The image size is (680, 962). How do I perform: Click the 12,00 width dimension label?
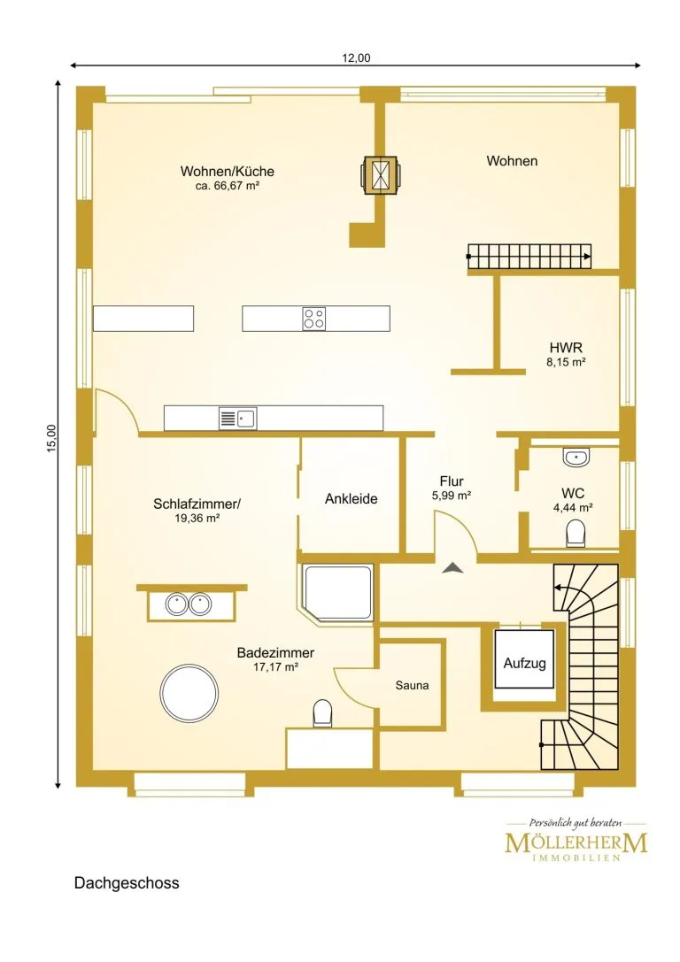point(356,58)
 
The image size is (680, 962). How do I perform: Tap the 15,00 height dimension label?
point(51,439)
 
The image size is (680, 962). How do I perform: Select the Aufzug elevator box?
point(525,659)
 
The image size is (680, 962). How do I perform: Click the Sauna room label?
point(412,685)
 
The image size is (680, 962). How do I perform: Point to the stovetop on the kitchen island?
point(314,319)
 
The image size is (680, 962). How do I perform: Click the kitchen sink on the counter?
point(238,419)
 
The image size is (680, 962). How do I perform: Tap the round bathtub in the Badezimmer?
point(189,693)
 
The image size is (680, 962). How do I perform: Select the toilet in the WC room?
point(576,533)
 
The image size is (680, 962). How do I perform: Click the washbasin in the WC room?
point(576,457)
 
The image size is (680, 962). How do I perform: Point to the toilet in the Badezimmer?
point(322,714)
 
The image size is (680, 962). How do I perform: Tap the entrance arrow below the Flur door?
point(453,568)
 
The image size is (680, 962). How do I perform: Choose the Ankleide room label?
point(351,499)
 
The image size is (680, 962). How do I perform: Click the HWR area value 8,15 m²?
point(566,362)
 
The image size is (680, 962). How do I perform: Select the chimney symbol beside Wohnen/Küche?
point(381,175)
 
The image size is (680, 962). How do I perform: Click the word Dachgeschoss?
point(127,883)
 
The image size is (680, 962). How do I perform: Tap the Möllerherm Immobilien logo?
point(576,840)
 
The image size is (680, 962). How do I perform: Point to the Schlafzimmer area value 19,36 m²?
point(197,518)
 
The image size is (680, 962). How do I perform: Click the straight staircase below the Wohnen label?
point(529,257)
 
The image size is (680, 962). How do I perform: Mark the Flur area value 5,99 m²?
point(451,495)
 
